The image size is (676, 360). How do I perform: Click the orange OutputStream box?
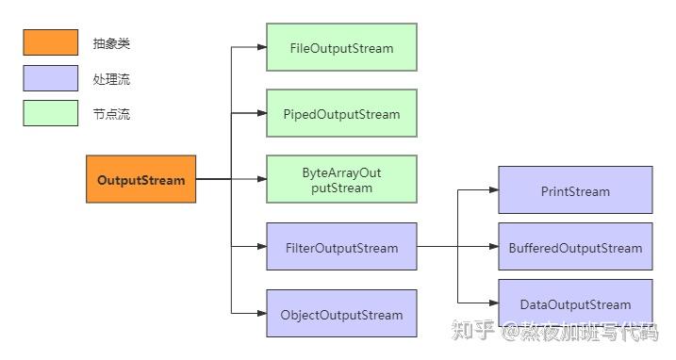tap(141, 179)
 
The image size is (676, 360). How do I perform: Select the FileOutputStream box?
tap(341, 48)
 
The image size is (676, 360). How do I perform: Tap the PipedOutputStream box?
tap(341, 114)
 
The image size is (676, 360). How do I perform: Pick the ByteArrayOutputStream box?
tap(341, 180)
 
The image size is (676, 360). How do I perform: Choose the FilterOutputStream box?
tap(341, 248)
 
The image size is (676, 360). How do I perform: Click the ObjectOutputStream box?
tap(341, 315)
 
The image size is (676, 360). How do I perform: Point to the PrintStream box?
tap(575, 190)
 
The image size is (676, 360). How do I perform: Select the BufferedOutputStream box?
tap(575, 247)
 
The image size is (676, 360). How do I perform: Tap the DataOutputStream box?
tap(575, 303)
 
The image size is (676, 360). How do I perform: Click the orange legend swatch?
tap(51, 42)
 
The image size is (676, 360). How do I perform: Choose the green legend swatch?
tap(51, 113)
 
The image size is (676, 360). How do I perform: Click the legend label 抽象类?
tap(112, 43)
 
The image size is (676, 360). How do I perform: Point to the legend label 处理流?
tap(112, 79)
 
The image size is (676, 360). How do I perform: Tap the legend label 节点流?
tap(112, 115)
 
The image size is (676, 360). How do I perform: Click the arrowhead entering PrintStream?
tap(492, 190)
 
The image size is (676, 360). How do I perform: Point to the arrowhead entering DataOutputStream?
tap(492, 303)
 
